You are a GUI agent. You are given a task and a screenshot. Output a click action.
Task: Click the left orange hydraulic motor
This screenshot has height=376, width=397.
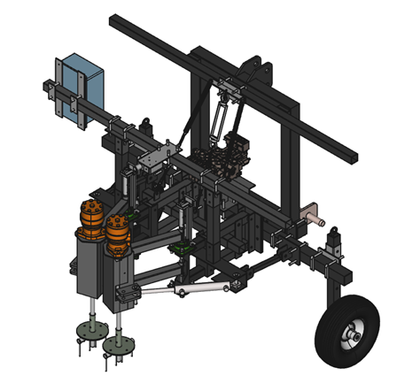(x=90, y=219)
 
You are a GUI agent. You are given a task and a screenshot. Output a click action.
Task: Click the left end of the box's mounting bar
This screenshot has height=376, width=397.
(x=43, y=85)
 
